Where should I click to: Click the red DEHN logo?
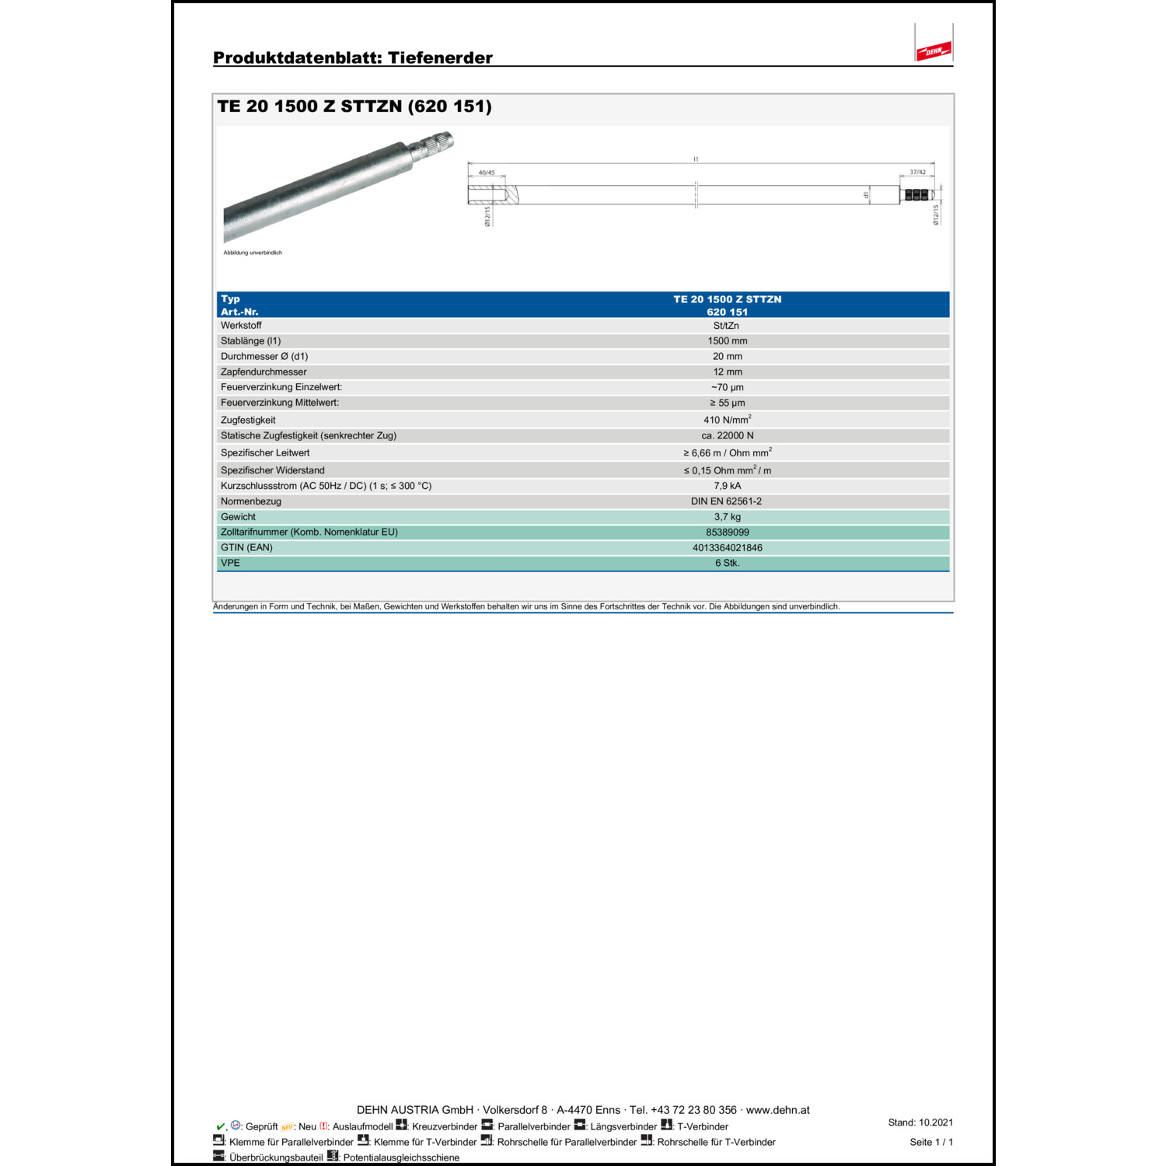(x=934, y=51)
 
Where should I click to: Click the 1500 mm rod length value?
(x=728, y=341)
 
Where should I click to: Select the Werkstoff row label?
(x=241, y=326)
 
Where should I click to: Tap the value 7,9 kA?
(x=728, y=486)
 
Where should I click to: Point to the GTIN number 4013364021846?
(x=728, y=548)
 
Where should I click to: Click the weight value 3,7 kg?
(x=728, y=517)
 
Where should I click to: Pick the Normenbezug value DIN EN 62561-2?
(x=726, y=501)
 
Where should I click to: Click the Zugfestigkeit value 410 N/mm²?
(x=727, y=420)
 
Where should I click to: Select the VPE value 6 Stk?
(x=728, y=564)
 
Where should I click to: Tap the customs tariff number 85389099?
(x=728, y=532)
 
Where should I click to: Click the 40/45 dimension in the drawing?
(x=487, y=173)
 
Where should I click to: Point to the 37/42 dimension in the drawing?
(x=917, y=173)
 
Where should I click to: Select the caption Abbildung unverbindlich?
(x=253, y=253)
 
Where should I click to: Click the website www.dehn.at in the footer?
(x=777, y=1110)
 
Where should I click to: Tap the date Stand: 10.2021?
(x=920, y=1122)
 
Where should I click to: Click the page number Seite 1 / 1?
(x=931, y=1142)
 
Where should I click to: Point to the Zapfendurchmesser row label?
(x=264, y=372)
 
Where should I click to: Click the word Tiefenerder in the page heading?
(x=440, y=58)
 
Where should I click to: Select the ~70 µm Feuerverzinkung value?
(x=728, y=388)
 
